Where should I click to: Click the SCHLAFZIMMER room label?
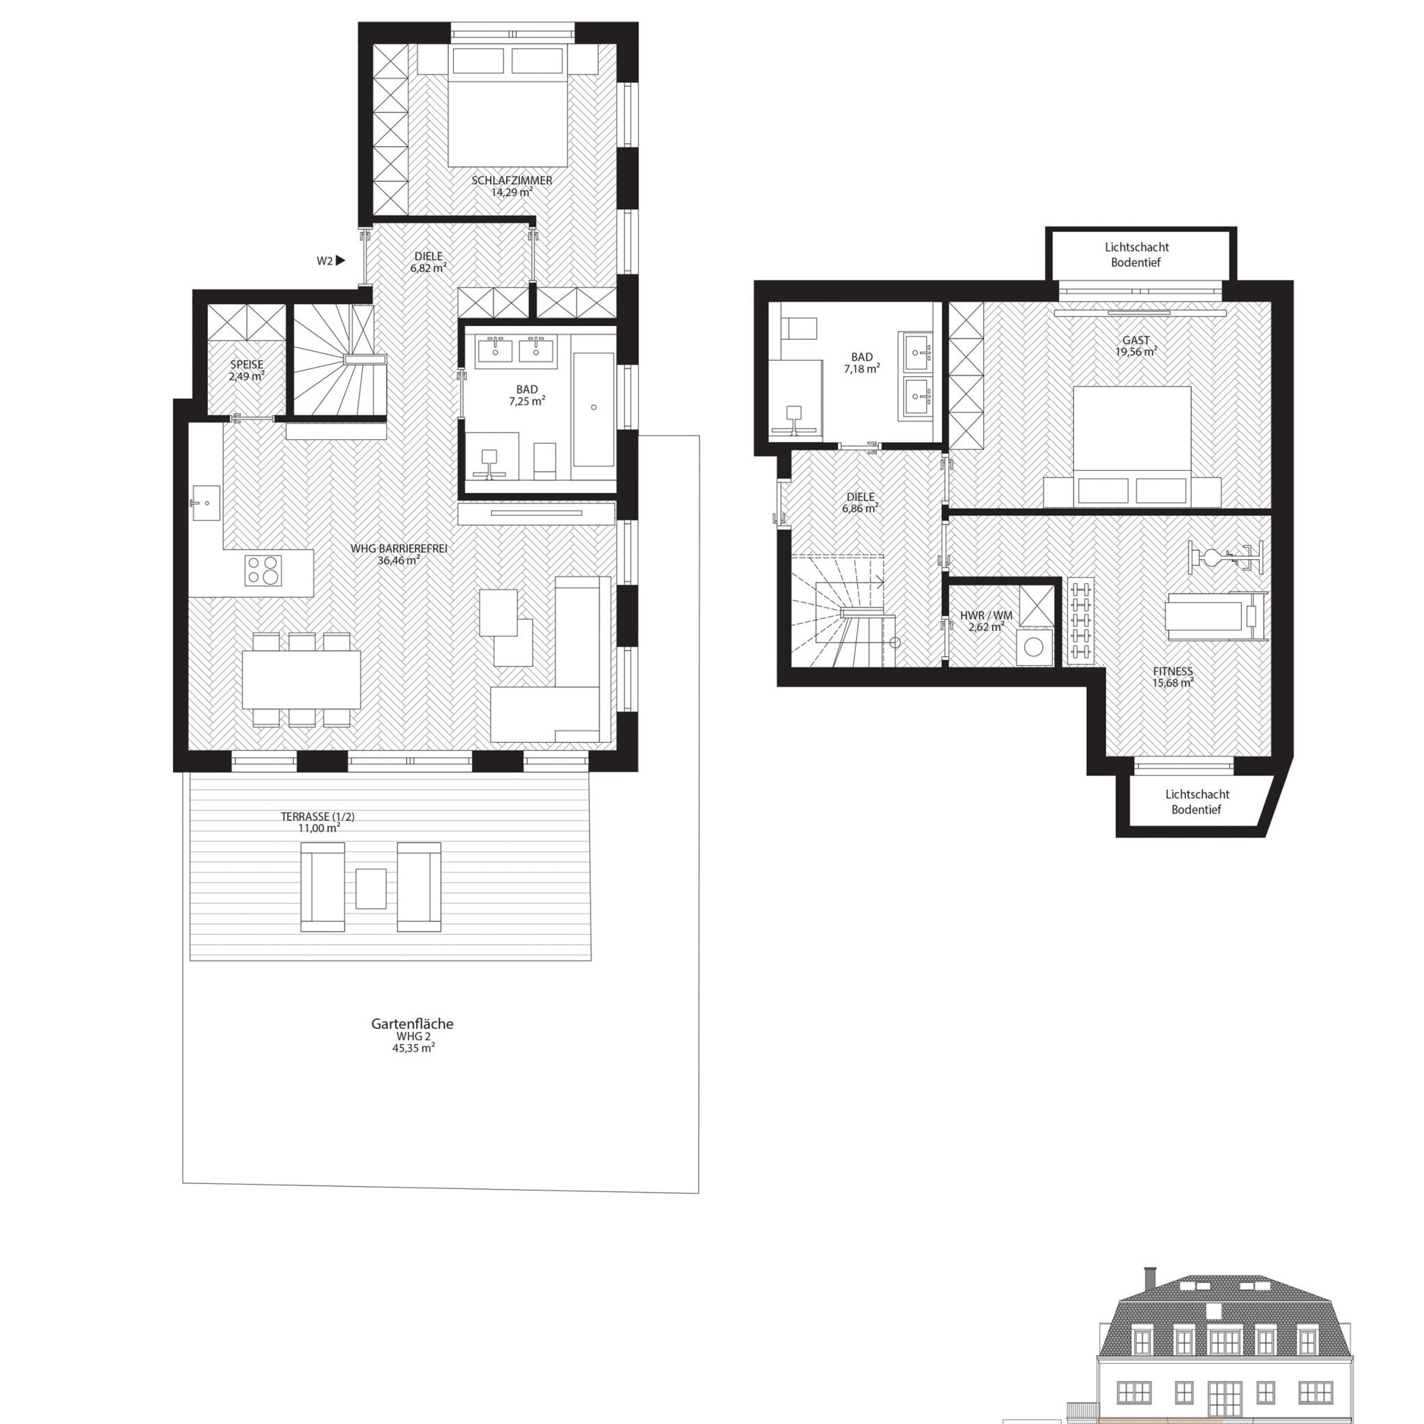click(x=512, y=181)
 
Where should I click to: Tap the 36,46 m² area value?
click(x=398, y=560)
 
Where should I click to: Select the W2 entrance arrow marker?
click(x=341, y=260)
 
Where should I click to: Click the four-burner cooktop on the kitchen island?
click(x=263, y=569)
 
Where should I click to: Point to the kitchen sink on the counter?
click(x=207, y=503)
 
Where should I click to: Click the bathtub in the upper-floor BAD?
click(x=593, y=409)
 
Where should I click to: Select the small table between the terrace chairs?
click(x=371, y=888)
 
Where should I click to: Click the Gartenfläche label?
click(x=412, y=1023)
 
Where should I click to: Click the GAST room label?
click(x=1136, y=341)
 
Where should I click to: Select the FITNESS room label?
click(x=1173, y=672)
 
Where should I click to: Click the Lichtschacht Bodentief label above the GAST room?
click(x=1136, y=255)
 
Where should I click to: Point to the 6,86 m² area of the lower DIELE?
click(x=860, y=508)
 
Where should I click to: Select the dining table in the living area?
click(x=302, y=679)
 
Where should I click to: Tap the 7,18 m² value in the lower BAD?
click(x=861, y=369)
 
